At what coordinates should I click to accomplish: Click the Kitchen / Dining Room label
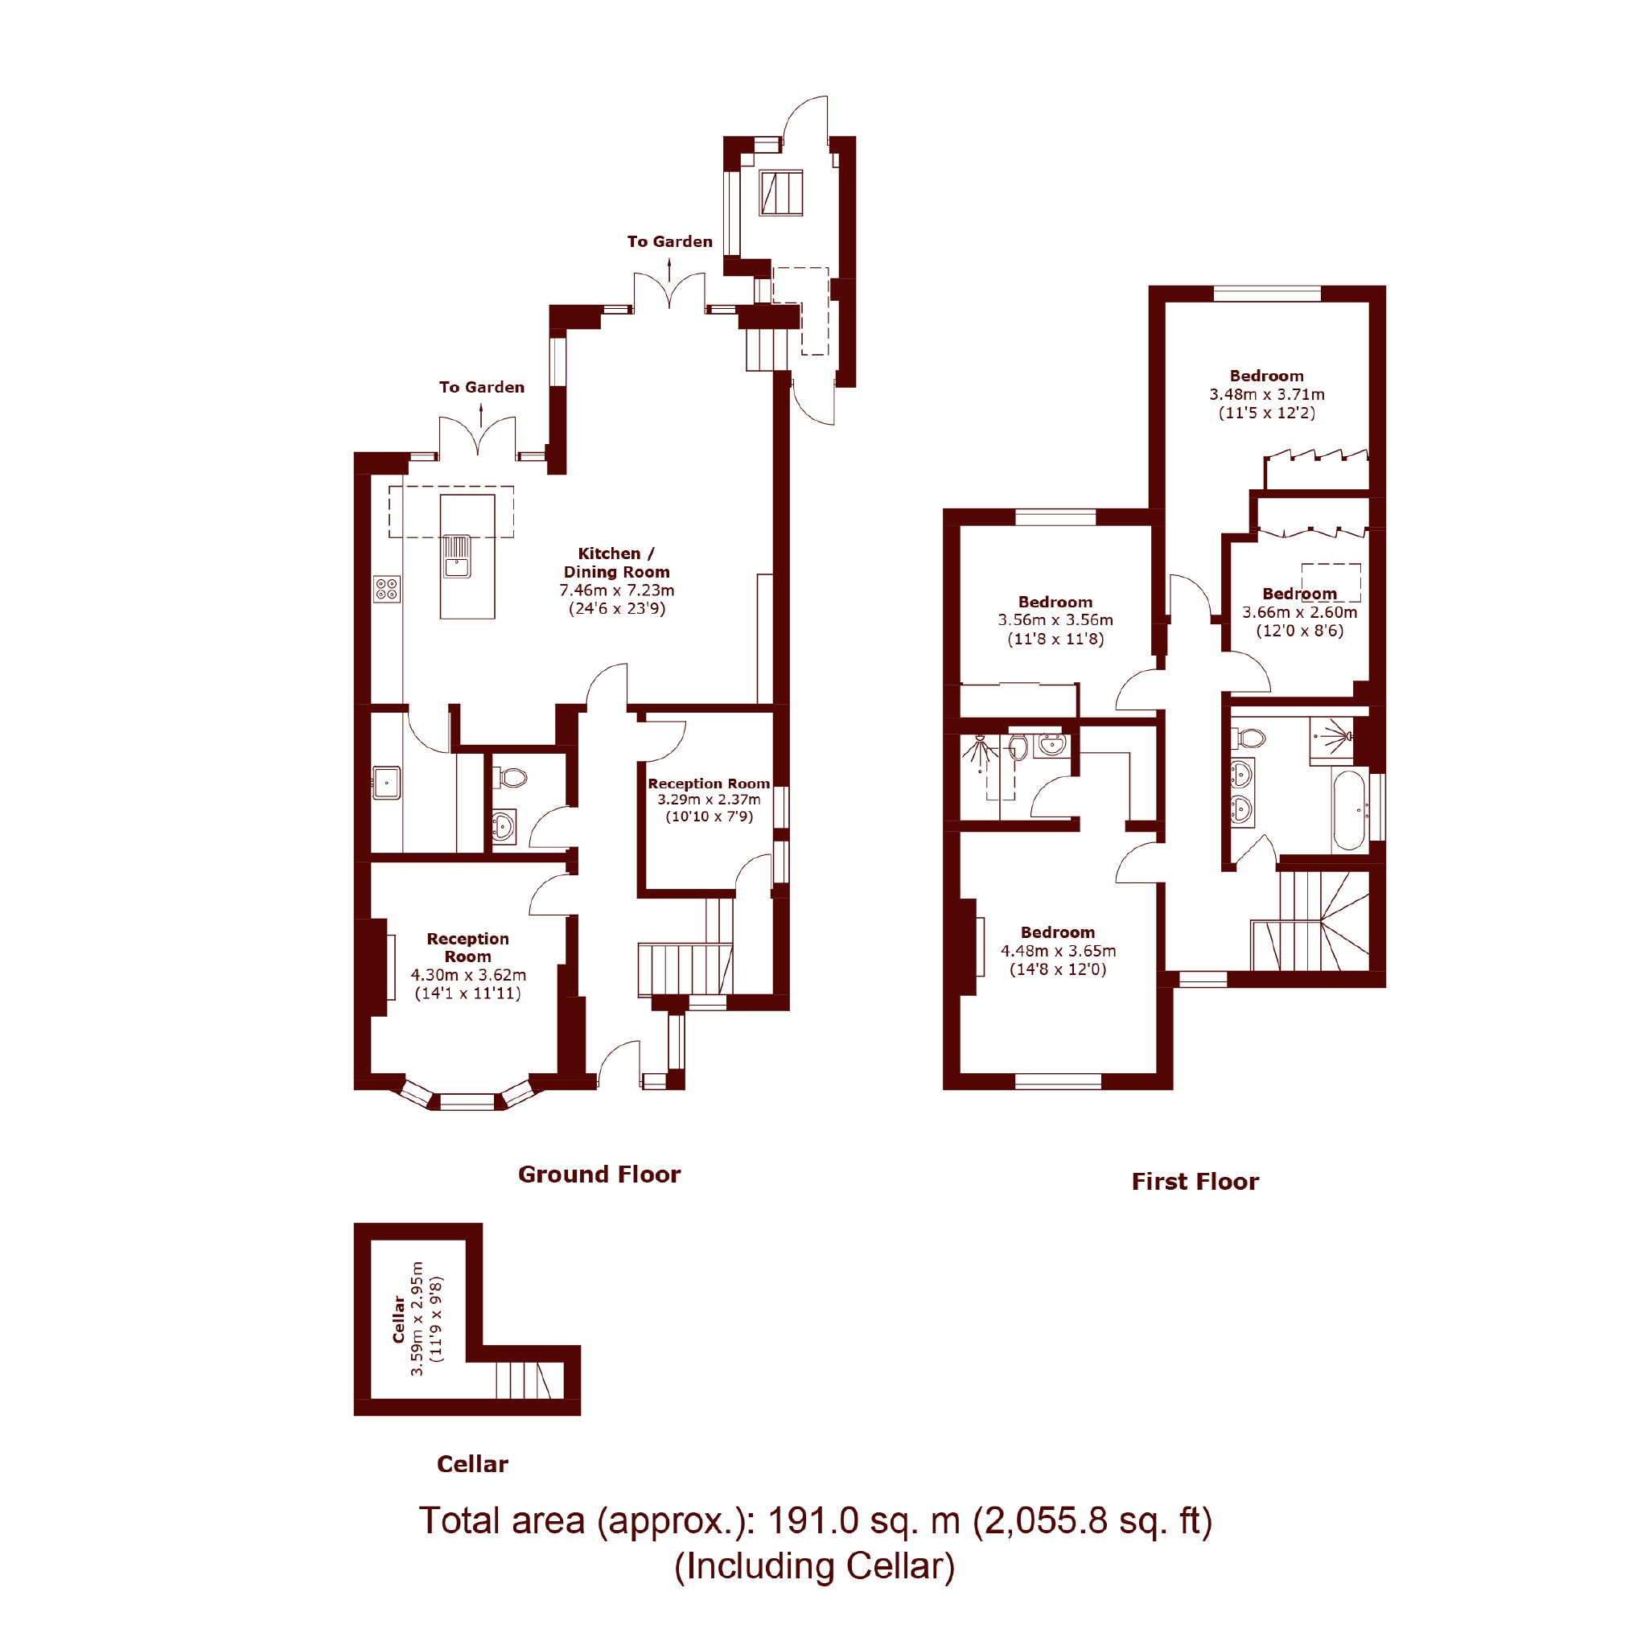pyautogui.click(x=616, y=562)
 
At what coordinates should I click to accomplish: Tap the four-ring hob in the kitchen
pyautogui.click(x=387, y=589)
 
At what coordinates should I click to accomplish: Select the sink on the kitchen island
pyautogui.click(x=458, y=557)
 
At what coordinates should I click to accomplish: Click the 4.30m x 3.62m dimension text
pyautogui.click(x=468, y=975)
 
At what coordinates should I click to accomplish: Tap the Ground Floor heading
pyautogui.click(x=599, y=1174)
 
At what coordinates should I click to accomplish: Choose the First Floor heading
pyautogui.click(x=1195, y=1181)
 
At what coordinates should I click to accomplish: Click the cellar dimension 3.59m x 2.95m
pyautogui.click(x=417, y=1318)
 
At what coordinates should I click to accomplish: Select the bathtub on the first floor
pyautogui.click(x=1348, y=810)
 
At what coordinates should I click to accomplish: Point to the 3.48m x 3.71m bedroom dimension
pyautogui.click(x=1266, y=393)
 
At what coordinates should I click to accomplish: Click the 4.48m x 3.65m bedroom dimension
pyautogui.click(x=1058, y=950)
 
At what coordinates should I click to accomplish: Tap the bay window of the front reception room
pyautogui.click(x=467, y=1099)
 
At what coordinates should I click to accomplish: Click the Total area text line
pyautogui.click(x=816, y=1521)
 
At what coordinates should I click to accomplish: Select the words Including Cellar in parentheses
pyautogui.click(x=814, y=1565)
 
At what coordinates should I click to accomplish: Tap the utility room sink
pyautogui.click(x=386, y=783)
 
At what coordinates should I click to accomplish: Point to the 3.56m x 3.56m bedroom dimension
pyautogui.click(x=1055, y=619)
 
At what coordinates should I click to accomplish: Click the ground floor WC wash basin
pyautogui.click(x=504, y=826)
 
